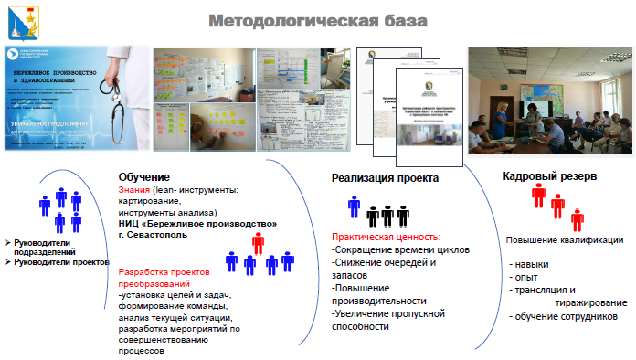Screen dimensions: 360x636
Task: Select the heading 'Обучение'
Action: (144, 177)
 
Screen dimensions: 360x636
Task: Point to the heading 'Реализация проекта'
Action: (385, 177)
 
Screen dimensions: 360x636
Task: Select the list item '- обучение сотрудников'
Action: (563, 316)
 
